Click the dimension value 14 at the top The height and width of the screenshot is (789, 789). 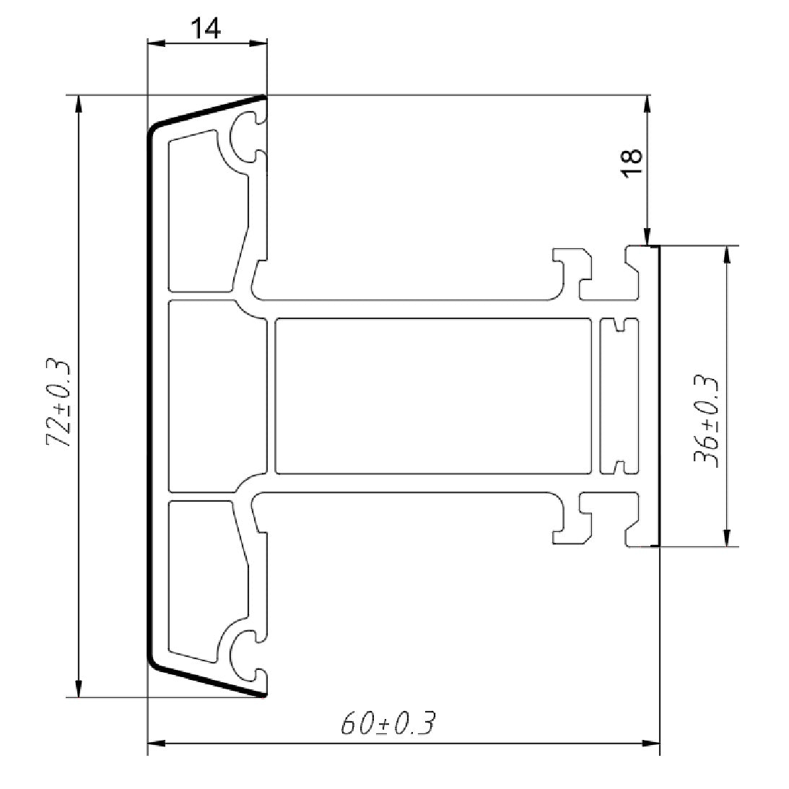tap(206, 28)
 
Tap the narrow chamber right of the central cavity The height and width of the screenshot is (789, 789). tap(619, 396)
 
